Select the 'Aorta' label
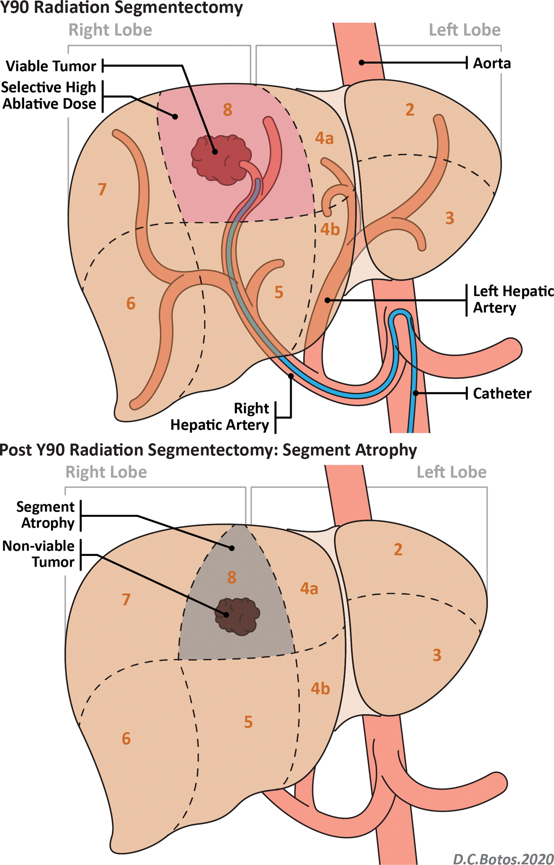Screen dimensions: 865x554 492,63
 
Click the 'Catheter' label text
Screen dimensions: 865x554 502,393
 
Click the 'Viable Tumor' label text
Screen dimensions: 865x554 51,66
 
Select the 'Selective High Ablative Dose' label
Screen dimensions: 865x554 49,96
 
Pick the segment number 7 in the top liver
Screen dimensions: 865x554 102,189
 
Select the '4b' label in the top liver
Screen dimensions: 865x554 330,230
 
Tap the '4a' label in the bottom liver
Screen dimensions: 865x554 309,589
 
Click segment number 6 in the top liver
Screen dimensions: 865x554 131,303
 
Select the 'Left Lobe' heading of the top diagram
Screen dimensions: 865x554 464,30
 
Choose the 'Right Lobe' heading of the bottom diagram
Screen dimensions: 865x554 106,472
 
